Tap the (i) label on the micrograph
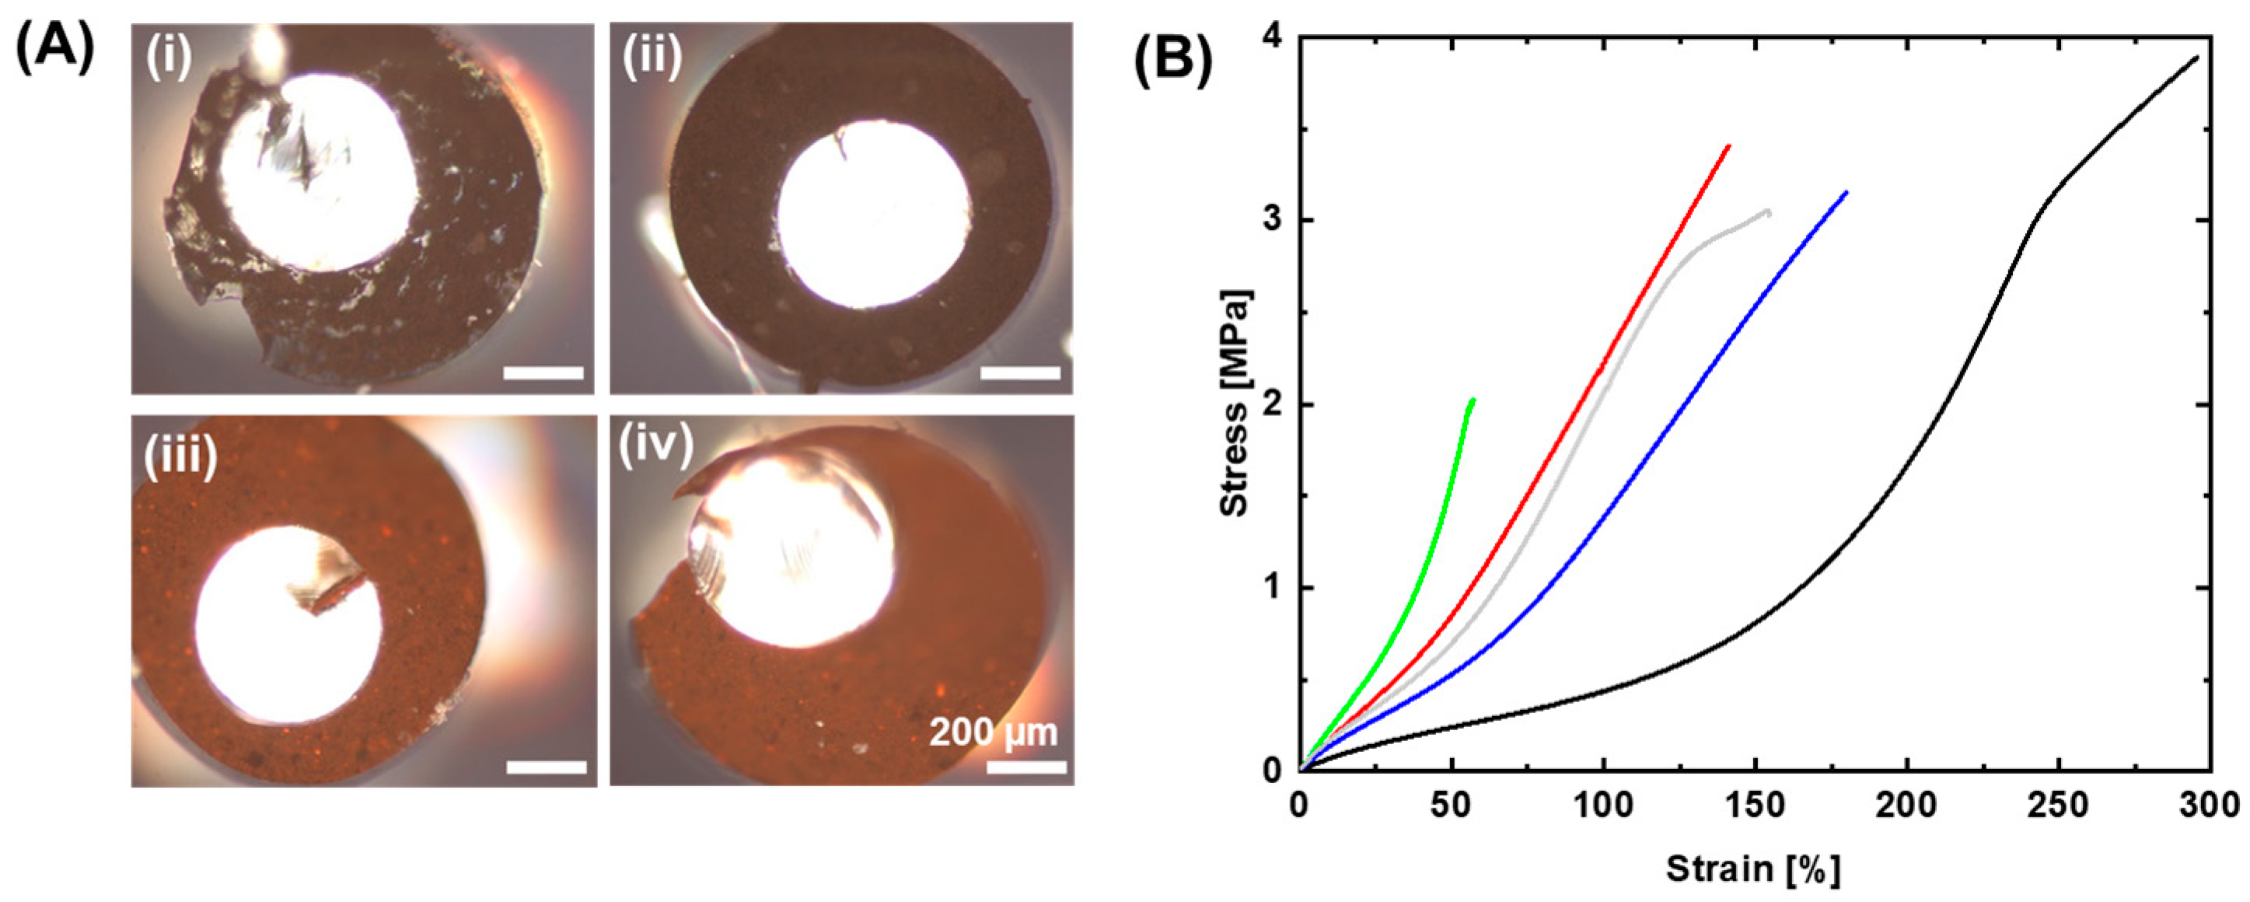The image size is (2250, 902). coord(169,59)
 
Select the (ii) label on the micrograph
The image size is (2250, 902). coord(651,59)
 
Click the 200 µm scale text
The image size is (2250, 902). coord(993,732)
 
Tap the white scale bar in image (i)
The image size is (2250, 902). coord(543,374)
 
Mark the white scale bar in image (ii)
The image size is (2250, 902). coord(1020,374)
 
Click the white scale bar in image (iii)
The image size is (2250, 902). coord(546,767)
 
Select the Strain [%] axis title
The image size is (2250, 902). coord(1753,869)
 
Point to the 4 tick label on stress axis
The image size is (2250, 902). coord(1275,37)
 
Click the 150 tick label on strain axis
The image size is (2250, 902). coord(1755,805)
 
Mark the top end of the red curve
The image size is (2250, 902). coord(1728,146)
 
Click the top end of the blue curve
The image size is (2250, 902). coord(1846,192)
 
